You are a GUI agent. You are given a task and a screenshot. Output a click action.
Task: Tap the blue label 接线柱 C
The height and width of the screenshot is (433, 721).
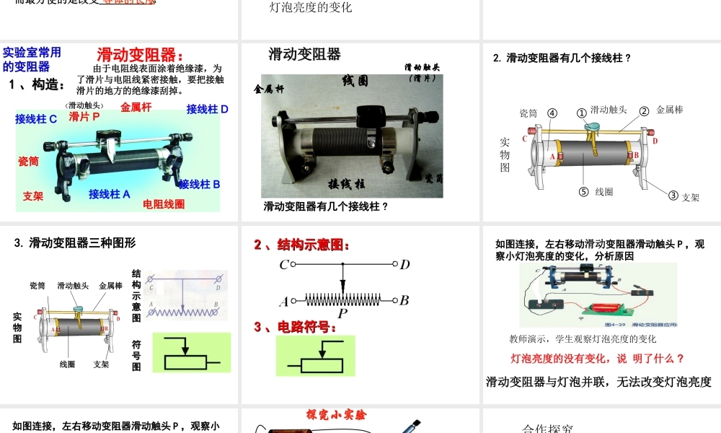point(36,119)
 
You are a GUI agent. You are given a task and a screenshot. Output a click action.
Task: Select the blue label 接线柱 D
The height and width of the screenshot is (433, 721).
point(207,109)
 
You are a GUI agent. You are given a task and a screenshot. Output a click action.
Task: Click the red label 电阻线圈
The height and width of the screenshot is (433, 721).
point(164,204)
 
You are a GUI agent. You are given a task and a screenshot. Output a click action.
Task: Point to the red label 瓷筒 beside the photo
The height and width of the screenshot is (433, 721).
point(28,161)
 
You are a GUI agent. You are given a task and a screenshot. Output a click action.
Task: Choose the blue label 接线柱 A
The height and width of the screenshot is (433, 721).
point(110,193)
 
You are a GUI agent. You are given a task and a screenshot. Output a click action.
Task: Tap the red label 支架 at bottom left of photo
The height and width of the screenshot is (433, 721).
point(33,196)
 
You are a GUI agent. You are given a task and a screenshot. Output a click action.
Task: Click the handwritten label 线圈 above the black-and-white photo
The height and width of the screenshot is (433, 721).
point(355,81)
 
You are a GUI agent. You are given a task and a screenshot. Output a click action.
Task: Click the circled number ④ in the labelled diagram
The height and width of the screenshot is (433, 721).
point(552,113)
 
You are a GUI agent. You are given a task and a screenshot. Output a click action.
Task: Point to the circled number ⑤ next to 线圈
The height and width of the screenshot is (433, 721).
point(584,192)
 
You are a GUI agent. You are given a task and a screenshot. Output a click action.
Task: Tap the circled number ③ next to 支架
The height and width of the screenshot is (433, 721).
point(673,195)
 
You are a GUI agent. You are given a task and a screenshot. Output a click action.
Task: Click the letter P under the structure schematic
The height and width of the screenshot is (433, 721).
point(342,314)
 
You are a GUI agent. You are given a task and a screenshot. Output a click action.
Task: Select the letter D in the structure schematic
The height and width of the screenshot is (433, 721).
point(405,265)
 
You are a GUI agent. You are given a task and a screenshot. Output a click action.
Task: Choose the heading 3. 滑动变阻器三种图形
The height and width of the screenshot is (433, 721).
point(75,243)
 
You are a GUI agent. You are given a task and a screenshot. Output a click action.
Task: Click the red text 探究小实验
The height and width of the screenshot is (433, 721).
point(336,415)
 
